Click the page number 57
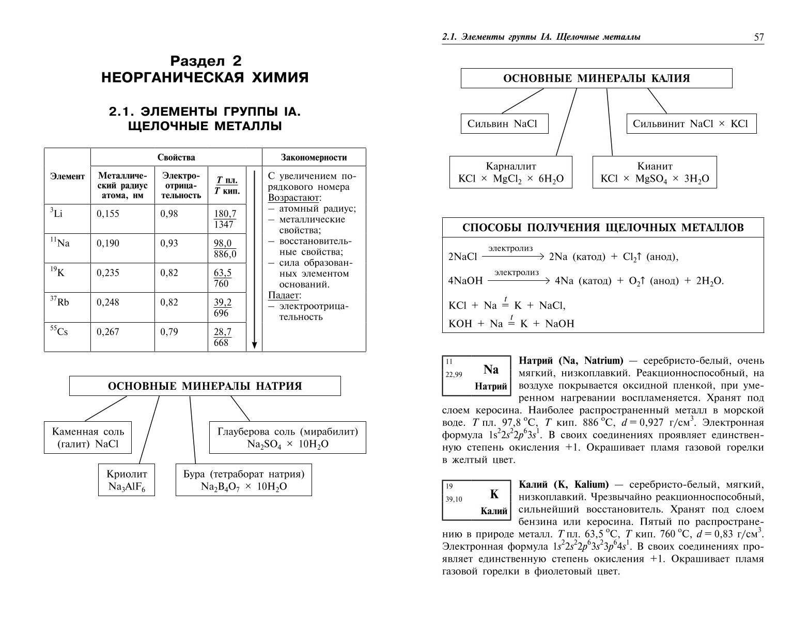pos(758,38)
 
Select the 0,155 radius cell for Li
pos(108,214)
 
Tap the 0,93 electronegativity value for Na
pos(169,243)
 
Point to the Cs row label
pos(59,332)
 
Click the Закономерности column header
pos(314,157)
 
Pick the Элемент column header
pos(67,177)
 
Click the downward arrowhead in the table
pos(254,345)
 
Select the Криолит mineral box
pos(127,480)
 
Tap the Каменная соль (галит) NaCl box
pos(88,438)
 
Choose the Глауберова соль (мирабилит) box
pos(287,438)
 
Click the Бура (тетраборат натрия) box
pos(244,480)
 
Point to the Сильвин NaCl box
pos(504,124)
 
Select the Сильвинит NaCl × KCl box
pos(691,124)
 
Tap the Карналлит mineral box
pos(510,172)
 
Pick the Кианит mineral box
pos(655,172)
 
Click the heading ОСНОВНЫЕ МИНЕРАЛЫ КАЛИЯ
pos(596,78)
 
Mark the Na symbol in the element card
pos(491,370)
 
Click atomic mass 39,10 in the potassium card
pos(454,499)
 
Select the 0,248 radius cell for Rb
pos(108,302)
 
